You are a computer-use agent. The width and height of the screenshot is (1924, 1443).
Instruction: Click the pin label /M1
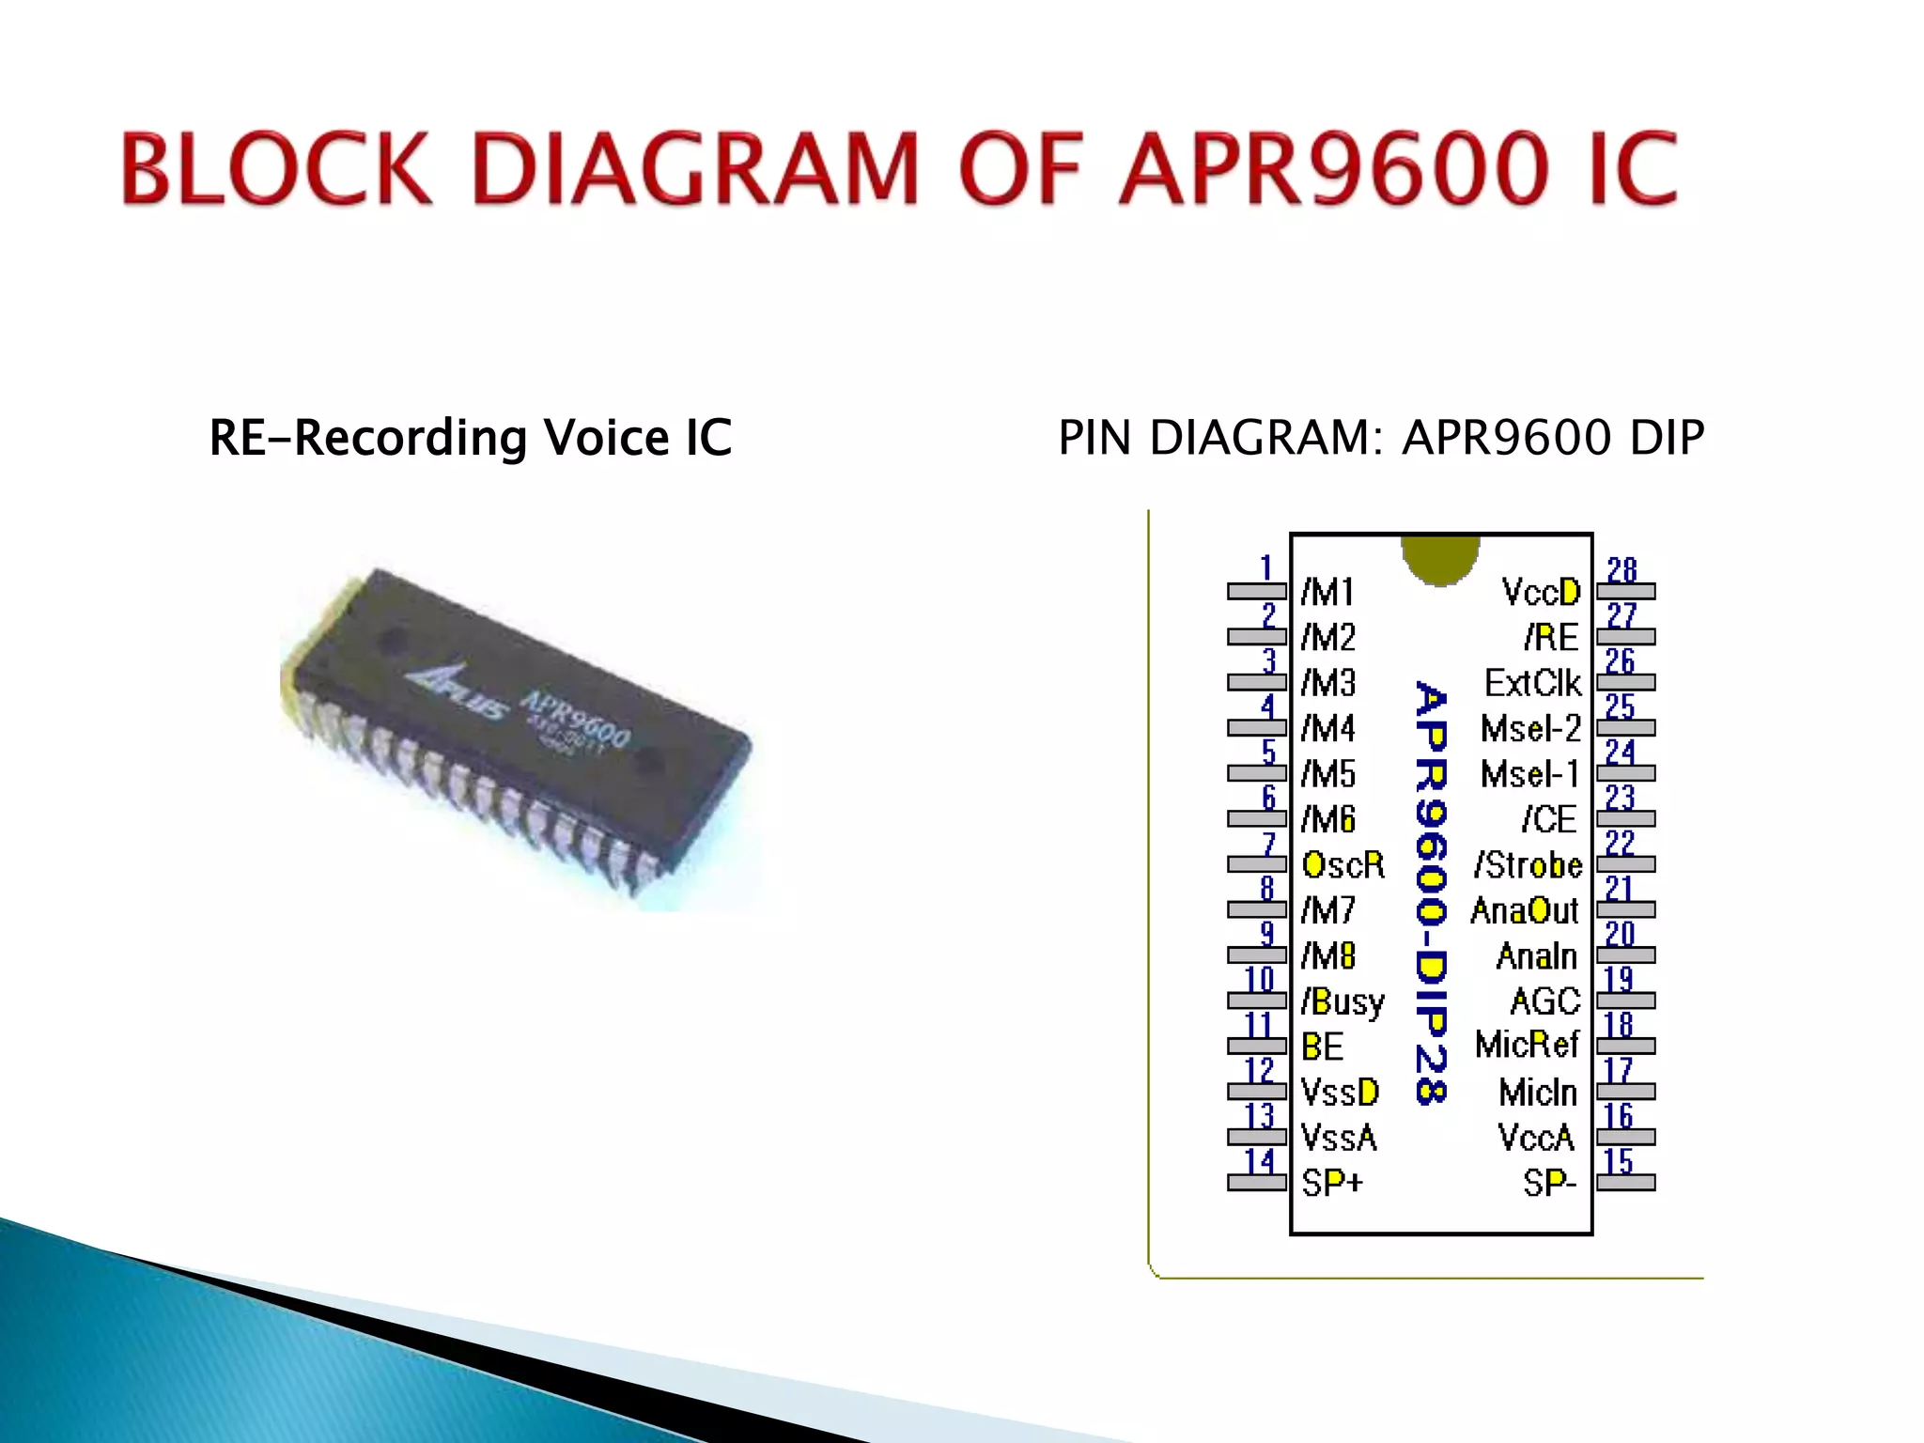(1327, 592)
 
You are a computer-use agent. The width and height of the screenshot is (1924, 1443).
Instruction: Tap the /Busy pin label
(1342, 1001)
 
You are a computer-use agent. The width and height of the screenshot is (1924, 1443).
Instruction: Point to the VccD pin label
(1541, 592)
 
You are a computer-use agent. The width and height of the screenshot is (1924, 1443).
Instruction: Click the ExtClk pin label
(1532, 683)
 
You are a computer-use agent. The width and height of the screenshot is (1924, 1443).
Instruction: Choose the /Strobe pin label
(1528, 864)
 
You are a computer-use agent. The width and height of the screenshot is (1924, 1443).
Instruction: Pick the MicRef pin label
(1528, 1045)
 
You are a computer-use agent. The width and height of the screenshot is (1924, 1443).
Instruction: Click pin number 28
(1621, 570)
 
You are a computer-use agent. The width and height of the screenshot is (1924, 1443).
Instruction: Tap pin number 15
(1618, 1162)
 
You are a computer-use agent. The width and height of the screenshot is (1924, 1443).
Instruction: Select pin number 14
(1260, 1162)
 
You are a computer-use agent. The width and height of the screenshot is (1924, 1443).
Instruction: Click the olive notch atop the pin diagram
(1440, 558)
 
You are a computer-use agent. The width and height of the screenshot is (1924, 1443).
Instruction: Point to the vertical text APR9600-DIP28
(1431, 892)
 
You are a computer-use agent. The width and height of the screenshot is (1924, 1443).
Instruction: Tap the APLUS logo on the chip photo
(456, 696)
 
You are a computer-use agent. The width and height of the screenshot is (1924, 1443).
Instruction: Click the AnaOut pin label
(1524, 910)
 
